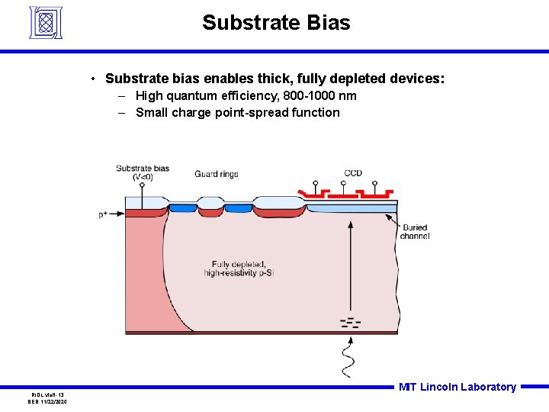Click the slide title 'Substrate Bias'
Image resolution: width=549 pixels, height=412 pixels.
point(276,23)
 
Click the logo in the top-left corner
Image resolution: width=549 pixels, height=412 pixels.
point(45,22)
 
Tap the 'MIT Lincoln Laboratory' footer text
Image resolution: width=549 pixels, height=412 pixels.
point(457,387)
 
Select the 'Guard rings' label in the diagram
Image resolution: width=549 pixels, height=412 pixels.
point(217,174)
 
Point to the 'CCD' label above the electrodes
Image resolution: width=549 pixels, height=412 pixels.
point(353,173)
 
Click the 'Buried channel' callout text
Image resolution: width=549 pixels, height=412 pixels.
point(414,232)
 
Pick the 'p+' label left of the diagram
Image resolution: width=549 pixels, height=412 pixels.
point(103,215)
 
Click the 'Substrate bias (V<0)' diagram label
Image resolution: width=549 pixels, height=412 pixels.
point(143,172)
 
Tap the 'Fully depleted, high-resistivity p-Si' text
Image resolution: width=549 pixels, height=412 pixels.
point(238,269)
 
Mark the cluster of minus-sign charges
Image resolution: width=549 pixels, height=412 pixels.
point(350,322)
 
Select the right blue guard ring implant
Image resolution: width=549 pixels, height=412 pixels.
point(238,208)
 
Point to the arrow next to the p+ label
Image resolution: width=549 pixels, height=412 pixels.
point(116,214)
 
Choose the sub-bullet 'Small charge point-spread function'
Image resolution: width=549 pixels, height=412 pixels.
point(237,112)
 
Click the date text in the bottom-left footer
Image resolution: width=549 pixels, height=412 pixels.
point(48,401)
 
